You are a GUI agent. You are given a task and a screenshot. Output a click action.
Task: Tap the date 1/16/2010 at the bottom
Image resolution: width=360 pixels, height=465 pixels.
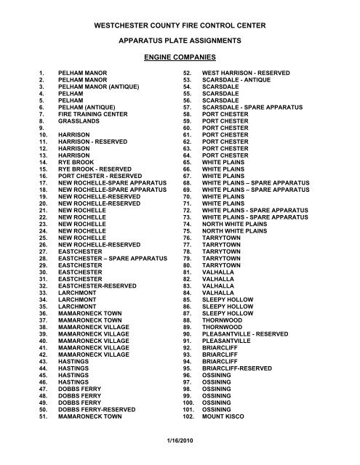[180, 455]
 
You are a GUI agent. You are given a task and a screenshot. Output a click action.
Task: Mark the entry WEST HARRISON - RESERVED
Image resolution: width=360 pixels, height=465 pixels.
[246, 73]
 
